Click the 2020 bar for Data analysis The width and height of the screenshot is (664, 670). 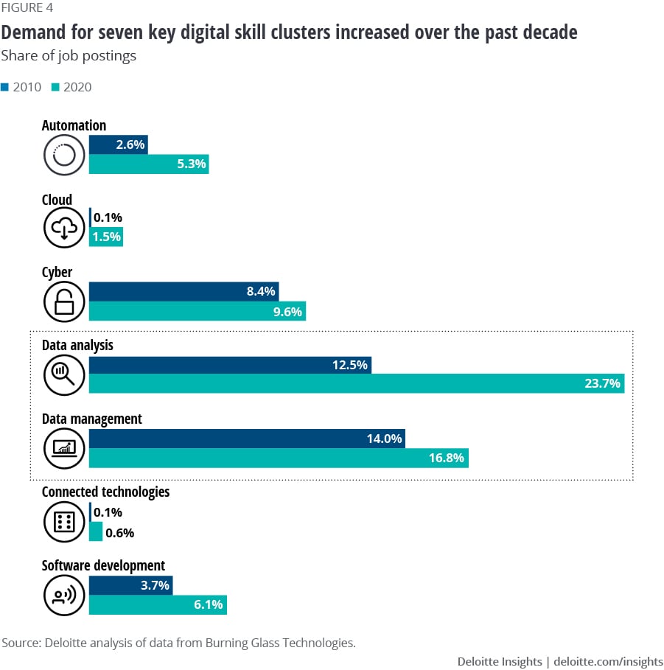tap(356, 383)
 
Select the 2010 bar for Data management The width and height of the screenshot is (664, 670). tap(247, 439)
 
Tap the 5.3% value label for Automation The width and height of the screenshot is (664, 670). tap(192, 164)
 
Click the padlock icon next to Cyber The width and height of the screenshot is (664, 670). tap(65, 302)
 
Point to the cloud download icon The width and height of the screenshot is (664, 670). tap(65, 228)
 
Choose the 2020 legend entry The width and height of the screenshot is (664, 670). tap(71, 87)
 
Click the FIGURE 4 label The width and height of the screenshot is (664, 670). tap(27, 8)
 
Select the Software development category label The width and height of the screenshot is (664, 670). tap(103, 566)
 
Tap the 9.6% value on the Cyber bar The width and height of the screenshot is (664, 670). tap(288, 311)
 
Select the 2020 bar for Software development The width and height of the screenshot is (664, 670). tap(158, 605)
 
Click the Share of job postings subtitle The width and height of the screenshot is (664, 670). tap(69, 56)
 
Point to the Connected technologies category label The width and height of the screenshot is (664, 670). tap(105, 492)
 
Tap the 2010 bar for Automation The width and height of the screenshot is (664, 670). tap(118, 145)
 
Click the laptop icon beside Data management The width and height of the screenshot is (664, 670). tap(65, 448)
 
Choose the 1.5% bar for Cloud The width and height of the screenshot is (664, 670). tap(105, 237)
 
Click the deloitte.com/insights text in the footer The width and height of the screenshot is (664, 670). tap(609, 661)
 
